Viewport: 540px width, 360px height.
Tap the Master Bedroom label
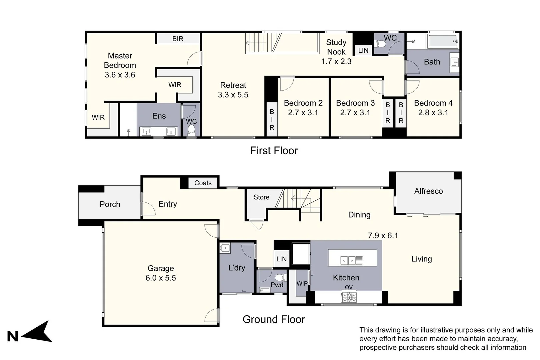pyautogui.click(x=120, y=60)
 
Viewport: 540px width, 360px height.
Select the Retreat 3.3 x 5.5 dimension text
pyautogui.click(x=233, y=95)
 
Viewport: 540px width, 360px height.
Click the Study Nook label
pyautogui.click(x=336, y=47)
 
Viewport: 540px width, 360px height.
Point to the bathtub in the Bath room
pyautogui.click(x=442, y=42)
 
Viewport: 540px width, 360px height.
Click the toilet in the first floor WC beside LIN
pyautogui.click(x=380, y=44)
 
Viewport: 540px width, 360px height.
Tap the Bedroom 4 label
pyautogui.click(x=433, y=103)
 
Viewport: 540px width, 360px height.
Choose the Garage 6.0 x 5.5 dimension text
pyautogui.click(x=161, y=278)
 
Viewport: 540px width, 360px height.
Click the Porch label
pyautogui.click(x=110, y=204)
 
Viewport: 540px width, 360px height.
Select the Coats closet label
pyautogui.click(x=203, y=183)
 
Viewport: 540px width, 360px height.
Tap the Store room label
pyautogui.click(x=261, y=197)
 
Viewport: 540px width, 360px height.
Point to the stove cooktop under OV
pyautogui.click(x=349, y=297)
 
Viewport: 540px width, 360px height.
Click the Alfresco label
pyautogui.click(x=428, y=191)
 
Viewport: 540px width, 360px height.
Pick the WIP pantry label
pyautogui.click(x=302, y=284)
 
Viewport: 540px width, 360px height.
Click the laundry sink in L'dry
pyautogui.click(x=225, y=248)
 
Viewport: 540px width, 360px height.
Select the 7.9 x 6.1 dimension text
pyautogui.click(x=383, y=236)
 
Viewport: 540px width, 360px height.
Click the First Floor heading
pyautogui.click(x=274, y=151)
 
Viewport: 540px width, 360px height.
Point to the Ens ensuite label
pyautogui.click(x=159, y=116)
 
